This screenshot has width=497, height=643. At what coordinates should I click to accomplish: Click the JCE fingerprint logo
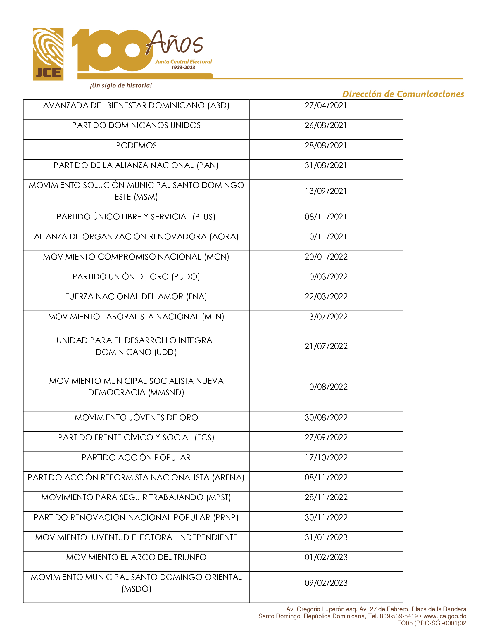click(x=48, y=54)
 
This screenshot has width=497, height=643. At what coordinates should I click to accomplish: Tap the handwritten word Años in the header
click(x=174, y=43)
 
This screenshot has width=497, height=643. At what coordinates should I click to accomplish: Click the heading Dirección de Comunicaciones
click(x=403, y=94)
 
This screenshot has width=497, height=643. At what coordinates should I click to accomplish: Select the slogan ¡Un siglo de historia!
click(x=121, y=86)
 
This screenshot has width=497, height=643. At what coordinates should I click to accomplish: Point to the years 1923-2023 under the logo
click(x=183, y=68)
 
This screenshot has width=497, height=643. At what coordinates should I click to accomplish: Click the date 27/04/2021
click(x=326, y=106)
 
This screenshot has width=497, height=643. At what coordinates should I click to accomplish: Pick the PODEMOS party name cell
click(x=136, y=146)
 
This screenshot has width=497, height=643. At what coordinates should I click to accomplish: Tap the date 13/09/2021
click(x=326, y=191)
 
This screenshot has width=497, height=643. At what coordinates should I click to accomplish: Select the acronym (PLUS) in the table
click(x=204, y=217)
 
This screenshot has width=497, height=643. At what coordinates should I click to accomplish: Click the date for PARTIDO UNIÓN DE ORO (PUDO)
click(x=326, y=277)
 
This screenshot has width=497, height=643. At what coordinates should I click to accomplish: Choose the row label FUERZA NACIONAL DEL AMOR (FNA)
click(x=136, y=296)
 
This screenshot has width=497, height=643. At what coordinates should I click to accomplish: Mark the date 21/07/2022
click(x=326, y=346)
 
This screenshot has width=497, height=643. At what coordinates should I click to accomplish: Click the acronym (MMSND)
click(x=166, y=393)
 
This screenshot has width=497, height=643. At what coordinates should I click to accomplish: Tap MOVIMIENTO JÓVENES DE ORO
click(x=136, y=417)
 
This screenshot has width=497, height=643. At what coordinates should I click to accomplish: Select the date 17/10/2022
click(x=326, y=457)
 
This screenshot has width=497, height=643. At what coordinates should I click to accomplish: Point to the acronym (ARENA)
click(x=228, y=478)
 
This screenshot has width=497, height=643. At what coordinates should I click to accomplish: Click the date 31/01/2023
click(x=326, y=537)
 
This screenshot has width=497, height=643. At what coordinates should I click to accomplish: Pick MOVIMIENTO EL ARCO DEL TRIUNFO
click(x=136, y=557)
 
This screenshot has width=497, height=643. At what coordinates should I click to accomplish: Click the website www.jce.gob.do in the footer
click(x=445, y=616)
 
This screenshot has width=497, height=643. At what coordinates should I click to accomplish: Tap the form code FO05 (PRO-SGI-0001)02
click(x=431, y=623)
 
